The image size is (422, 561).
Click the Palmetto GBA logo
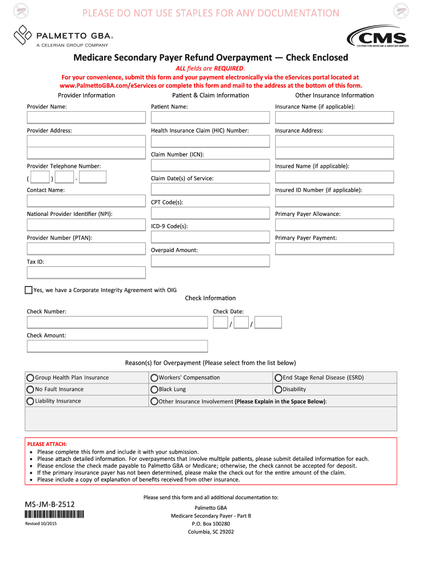(x=64, y=36)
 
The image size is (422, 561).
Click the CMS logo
(x=378, y=38)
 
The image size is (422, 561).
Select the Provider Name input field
(x=87, y=117)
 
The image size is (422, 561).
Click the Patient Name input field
(x=210, y=117)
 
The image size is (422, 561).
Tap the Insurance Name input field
(x=334, y=117)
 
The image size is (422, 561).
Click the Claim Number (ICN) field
(x=210, y=165)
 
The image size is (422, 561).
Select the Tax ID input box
(x=87, y=272)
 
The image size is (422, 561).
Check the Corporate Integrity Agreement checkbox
(x=29, y=290)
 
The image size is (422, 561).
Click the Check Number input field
(x=117, y=323)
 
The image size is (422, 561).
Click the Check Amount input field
(x=117, y=346)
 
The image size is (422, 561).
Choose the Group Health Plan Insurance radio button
(x=31, y=378)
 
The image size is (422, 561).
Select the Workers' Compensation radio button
(x=155, y=378)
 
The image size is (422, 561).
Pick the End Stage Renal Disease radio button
(x=278, y=378)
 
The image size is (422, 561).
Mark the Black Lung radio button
(x=155, y=390)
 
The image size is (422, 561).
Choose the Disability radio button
(x=278, y=390)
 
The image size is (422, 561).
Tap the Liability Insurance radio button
(x=31, y=402)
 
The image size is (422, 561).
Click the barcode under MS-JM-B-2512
(x=54, y=514)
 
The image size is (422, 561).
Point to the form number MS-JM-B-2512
(x=50, y=503)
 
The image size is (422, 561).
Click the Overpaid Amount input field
(x=210, y=261)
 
